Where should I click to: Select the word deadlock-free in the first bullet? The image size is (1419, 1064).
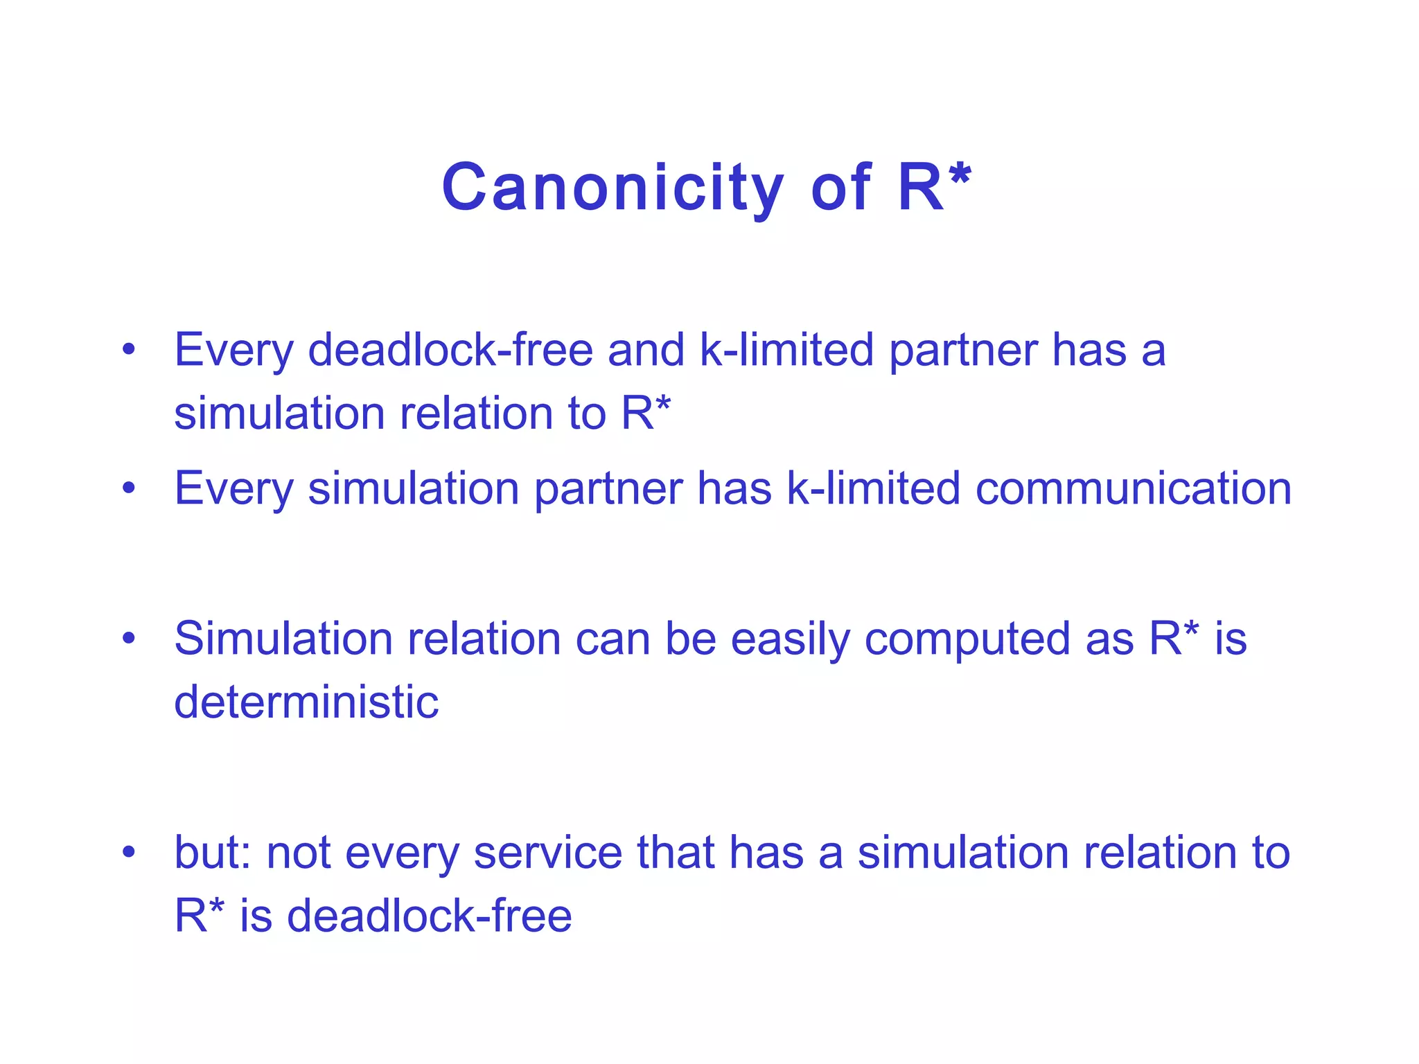pyautogui.click(x=450, y=349)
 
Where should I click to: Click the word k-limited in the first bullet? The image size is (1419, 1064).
pyautogui.click(x=786, y=349)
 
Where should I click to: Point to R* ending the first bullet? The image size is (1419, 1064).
pyautogui.click(x=645, y=413)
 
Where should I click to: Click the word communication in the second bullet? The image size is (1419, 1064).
pyautogui.click(x=1134, y=488)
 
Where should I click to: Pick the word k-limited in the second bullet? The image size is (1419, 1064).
pyautogui.click(x=873, y=488)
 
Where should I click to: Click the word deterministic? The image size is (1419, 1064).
pyautogui.click(x=306, y=702)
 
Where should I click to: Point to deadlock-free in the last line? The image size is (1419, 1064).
pyautogui.click(x=430, y=915)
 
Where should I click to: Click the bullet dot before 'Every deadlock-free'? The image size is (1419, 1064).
pyautogui.click(x=128, y=349)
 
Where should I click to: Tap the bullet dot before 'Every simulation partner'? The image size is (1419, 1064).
pyautogui.click(x=128, y=488)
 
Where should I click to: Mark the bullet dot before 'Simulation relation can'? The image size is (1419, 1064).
pyautogui.click(x=128, y=638)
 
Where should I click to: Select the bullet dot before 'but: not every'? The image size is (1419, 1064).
pyautogui.click(x=128, y=851)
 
